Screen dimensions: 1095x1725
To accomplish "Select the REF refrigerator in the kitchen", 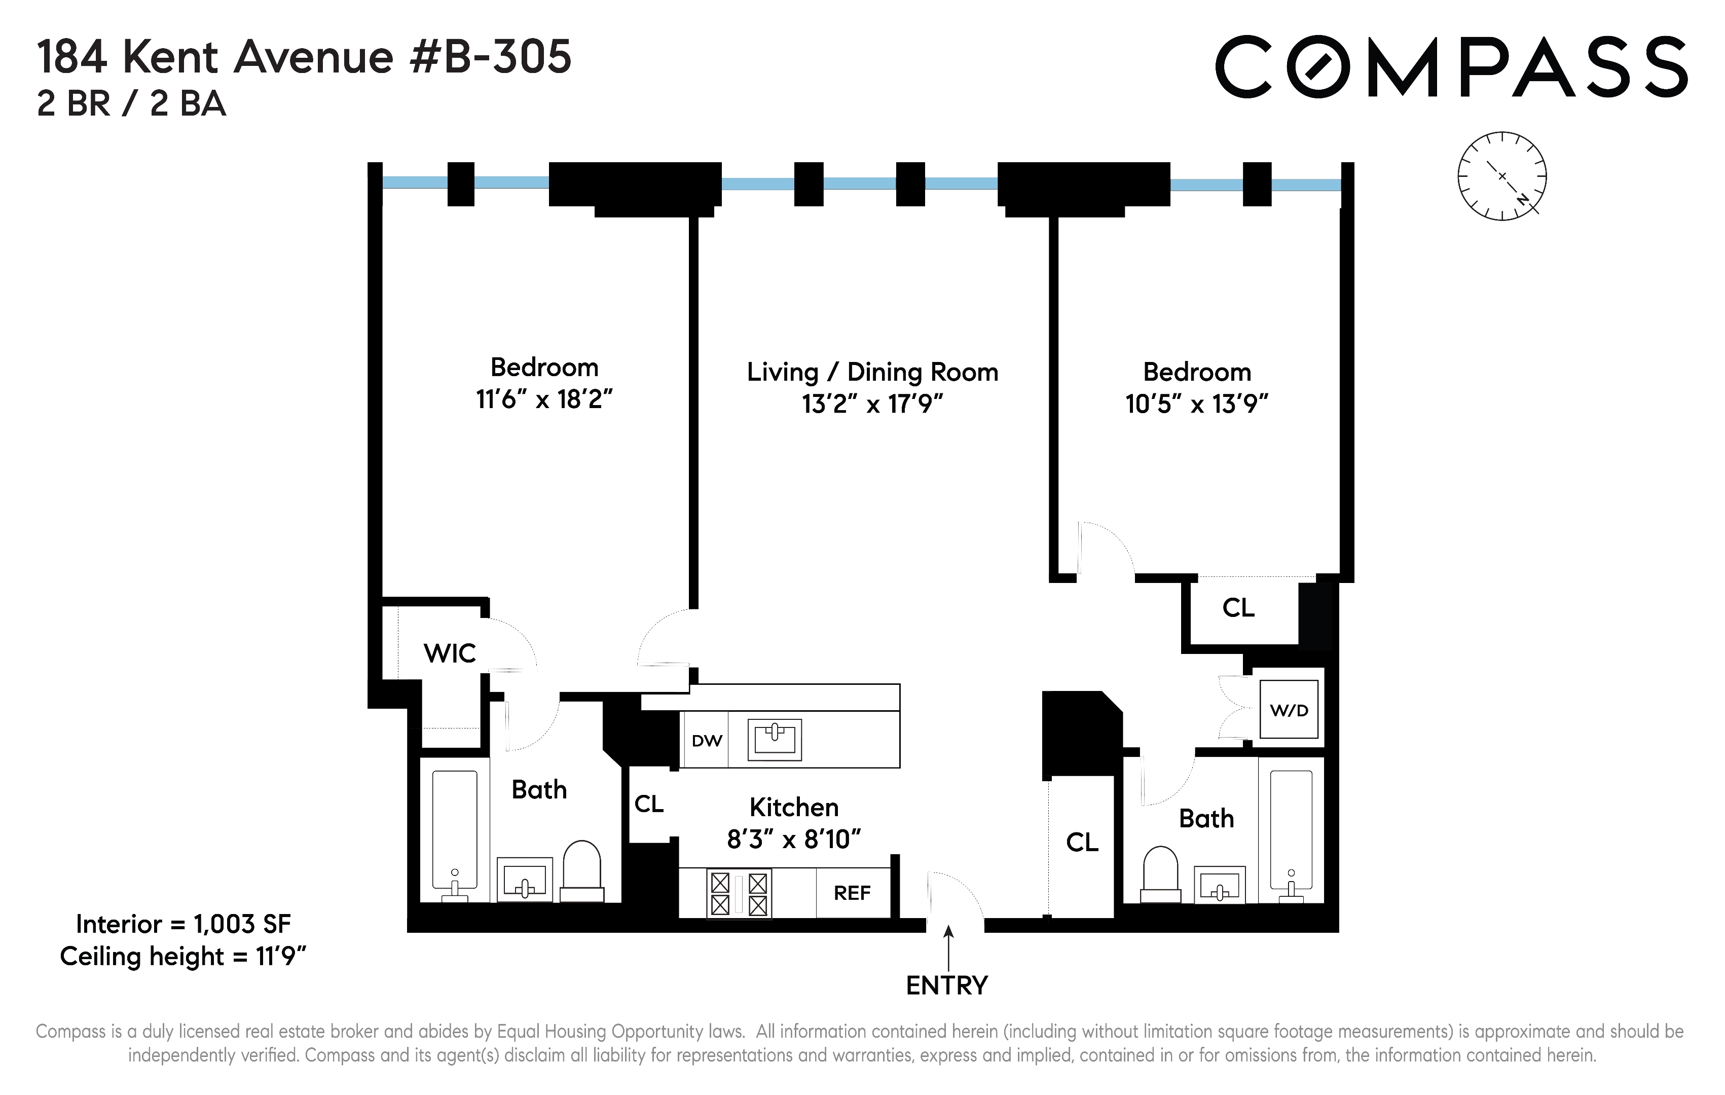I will (852, 893).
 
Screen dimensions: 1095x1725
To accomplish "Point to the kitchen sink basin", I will (775, 739).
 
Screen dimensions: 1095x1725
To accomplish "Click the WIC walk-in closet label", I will (450, 653).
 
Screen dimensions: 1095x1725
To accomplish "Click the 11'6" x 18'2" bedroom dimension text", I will (544, 399).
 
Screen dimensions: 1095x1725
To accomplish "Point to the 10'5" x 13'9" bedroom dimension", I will (1196, 404).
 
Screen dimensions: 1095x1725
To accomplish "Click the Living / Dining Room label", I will (872, 372).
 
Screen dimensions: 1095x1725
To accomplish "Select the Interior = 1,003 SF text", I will (183, 925).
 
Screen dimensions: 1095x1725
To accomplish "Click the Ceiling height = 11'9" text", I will (183, 957).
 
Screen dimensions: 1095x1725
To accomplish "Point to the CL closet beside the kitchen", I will (649, 804).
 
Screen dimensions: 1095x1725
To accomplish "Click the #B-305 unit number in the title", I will (491, 57).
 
